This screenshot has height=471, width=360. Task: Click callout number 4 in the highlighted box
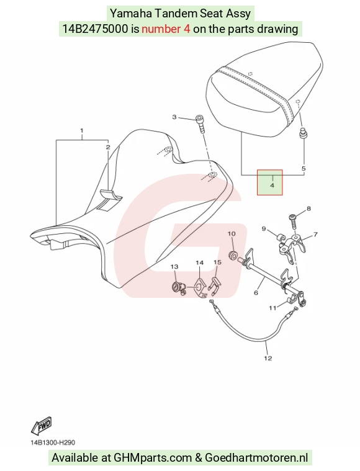click(x=272, y=186)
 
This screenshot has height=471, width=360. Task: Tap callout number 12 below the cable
click(x=268, y=358)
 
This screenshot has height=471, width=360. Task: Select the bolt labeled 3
click(x=200, y=123)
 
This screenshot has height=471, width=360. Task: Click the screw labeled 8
click(x=294, y=221)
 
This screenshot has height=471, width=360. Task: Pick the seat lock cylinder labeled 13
click(x=178, y=288)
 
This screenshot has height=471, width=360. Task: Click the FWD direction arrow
click(x=41, y=426)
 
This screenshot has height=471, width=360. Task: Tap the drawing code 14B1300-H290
click(x=53, y=442)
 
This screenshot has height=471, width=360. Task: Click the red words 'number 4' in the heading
click(x=166, y=29)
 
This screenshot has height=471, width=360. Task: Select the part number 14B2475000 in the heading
click(x=95, y=29)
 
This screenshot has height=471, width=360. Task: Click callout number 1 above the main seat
click(x=81, y=131)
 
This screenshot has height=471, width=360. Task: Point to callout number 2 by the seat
click(x=108, y=147)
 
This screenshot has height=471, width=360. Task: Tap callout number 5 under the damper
click(x=304, y=169)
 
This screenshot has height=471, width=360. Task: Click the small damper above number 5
click(x=303, y=133)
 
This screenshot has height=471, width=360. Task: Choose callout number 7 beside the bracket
click(x=315, y=235)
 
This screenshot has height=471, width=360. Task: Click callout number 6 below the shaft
click(x=256, y=292)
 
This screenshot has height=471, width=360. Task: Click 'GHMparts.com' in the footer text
click(x=153, y=458)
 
